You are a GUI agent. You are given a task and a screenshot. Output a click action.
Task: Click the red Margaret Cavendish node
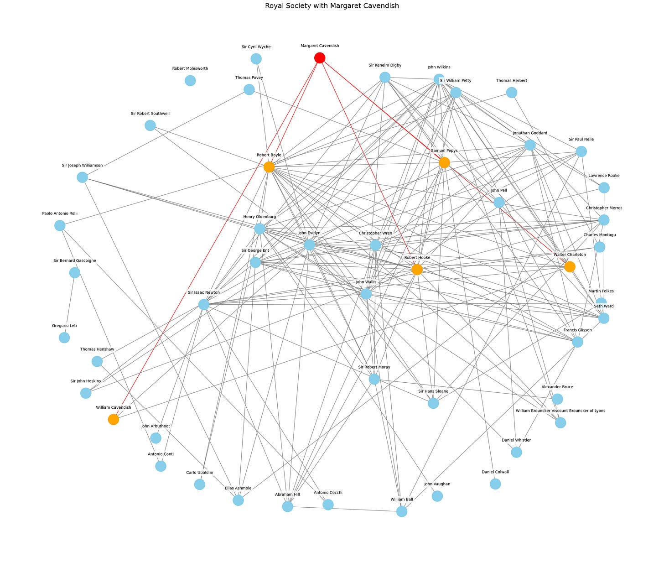320,58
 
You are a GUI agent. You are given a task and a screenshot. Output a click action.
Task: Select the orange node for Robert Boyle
269,167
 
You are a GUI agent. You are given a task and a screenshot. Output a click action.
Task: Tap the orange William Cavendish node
114,419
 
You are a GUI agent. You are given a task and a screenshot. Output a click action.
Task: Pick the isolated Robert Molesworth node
190,81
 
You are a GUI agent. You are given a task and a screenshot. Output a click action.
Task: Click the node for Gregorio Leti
64,338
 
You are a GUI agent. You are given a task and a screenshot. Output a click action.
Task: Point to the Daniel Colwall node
495,484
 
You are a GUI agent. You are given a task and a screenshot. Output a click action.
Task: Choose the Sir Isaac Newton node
204,304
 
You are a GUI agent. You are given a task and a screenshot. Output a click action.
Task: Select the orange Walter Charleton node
570,266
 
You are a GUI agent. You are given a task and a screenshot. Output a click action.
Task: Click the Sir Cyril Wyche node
256,59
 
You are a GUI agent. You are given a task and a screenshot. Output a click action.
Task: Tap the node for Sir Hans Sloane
433,403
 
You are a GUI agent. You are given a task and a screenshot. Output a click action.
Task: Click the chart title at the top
332,6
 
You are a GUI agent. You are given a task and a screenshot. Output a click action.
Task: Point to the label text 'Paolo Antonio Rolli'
60,213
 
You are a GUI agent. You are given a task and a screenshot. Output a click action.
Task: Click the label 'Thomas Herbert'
512,81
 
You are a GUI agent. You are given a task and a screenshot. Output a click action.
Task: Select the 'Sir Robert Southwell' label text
150,114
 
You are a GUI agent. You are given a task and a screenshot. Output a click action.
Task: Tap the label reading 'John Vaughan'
437,484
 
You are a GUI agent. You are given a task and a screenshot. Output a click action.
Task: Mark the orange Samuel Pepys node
444,162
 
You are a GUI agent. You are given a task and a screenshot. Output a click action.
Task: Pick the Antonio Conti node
161,466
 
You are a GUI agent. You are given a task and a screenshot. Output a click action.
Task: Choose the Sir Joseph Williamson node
82,177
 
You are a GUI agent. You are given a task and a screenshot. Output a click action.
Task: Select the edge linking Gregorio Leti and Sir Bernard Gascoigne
70,305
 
